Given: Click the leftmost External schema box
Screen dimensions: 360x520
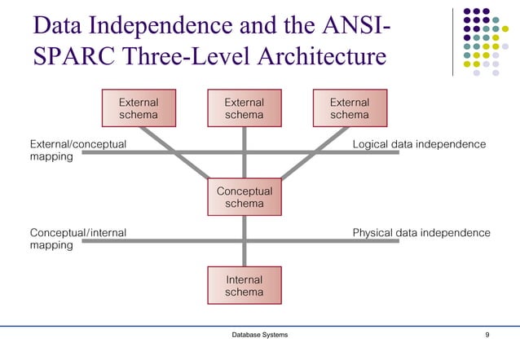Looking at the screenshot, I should tap(138, 109).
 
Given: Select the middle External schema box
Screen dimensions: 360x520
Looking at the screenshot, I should tap(244, 109).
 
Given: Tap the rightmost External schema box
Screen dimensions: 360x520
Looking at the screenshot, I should tap(349, 109).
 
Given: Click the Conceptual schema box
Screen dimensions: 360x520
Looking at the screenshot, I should tap(244, 197).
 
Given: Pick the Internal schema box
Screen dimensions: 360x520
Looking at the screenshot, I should tap(244, 286).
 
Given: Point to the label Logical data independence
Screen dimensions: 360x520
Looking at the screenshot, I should tap(418, 144).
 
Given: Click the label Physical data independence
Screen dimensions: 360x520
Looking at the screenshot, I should tap(421, 233).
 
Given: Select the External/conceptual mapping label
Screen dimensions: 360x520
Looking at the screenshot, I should tap(77, 151).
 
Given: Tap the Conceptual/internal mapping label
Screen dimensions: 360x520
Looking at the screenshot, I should tap(77, 239).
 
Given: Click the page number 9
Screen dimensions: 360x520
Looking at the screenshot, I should tap(487, 336).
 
